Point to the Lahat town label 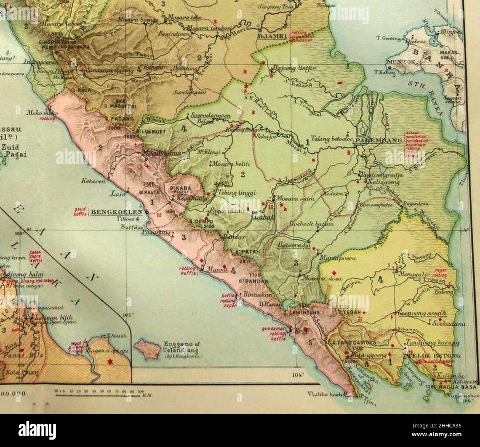click(262, 218)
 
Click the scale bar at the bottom click(99, 394)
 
